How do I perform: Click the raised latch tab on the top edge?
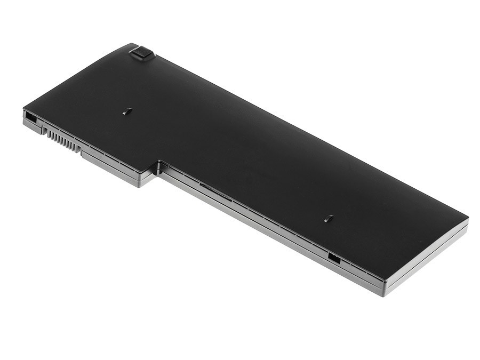141,53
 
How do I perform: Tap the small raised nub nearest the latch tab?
126,111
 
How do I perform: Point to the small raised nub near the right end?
329,218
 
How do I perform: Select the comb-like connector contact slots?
63,140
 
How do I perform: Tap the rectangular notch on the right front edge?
334,258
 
